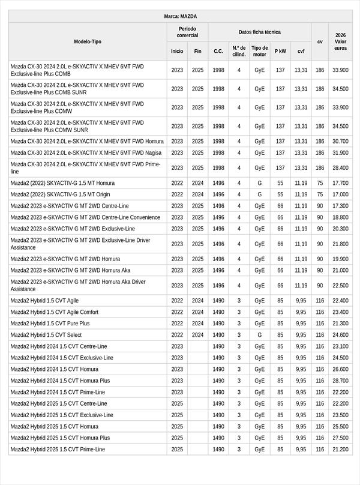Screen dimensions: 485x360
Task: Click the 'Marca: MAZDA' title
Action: (180, 17)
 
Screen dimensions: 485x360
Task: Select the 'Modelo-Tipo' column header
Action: (88, 42)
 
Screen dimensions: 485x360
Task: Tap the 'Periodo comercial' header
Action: (187, 32)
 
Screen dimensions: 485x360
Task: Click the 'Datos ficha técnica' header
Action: (259, 32)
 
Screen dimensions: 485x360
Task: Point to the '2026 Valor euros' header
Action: (340, 42)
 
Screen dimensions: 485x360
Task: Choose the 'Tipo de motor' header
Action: (259, 51)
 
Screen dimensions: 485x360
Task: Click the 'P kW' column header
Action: (280, 51)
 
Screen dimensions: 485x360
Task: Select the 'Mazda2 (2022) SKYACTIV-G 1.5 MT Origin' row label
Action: (61, 194)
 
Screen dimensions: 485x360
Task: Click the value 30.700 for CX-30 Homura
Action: (340, 141)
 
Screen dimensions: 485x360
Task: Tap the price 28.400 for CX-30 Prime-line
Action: (340, 168)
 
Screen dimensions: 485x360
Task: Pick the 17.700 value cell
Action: (340, 183)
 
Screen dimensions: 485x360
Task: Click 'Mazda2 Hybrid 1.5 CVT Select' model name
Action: (46, 335)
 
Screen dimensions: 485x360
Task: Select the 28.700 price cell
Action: (340, 381)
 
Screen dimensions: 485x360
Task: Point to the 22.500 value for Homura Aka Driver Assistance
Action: (340, 286)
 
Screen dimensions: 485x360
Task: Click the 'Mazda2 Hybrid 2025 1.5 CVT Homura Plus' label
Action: (61, 438)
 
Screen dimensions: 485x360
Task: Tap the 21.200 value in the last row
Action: (340, 449)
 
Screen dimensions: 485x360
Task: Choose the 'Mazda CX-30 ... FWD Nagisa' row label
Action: (86, 152)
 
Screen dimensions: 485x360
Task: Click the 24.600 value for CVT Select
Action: (340, 335)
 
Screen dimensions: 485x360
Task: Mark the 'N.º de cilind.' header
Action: (239, 51)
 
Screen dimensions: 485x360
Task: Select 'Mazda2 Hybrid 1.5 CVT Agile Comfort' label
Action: (55, 312)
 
